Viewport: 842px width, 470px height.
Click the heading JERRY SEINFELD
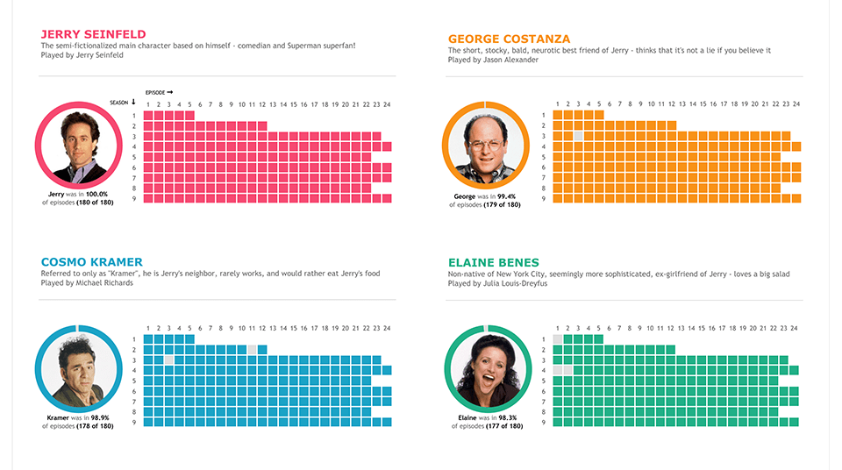[x=93, y=34]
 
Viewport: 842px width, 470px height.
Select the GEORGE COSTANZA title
[x=509, y=39]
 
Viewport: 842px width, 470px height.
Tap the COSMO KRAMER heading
[x=91, y=262]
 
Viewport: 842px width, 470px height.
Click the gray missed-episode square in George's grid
[x=578, y=136]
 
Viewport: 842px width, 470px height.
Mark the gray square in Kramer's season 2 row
[x=253, y=350]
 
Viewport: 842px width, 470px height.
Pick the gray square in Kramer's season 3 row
[x=169, y=360]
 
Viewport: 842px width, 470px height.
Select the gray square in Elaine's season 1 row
[x=557, y=339]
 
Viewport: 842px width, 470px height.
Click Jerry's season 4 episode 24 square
[x=387, y=146]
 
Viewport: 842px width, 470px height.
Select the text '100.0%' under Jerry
[x=96, y=194]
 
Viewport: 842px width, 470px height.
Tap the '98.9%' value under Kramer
[x=100, y=418]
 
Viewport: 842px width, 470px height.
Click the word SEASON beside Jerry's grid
[x=118, y=103]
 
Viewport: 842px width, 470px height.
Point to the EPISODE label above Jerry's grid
[x=155, y=92]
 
